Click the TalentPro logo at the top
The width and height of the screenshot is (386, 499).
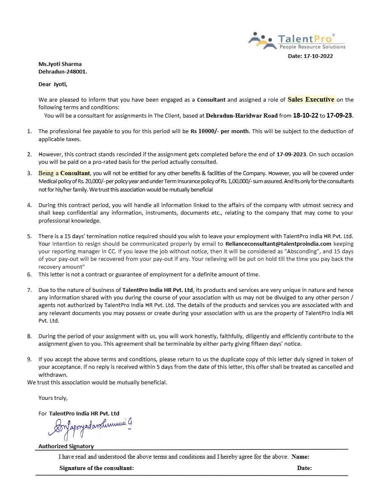point(297,41)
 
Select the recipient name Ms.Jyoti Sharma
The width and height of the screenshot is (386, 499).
point(60,64)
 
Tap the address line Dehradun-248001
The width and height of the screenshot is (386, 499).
point(63,71)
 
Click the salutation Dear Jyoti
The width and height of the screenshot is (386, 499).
point(53,84)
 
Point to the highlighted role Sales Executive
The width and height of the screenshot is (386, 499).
point(311,100)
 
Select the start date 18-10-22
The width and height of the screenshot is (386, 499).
point(306,115)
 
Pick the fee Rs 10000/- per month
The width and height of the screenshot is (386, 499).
point(219,131)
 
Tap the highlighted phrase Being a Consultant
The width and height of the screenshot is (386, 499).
point(64,173)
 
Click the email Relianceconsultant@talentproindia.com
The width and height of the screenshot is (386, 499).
point(278,244)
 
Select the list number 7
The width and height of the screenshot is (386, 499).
point(29,290)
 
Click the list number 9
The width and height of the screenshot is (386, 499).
point(29,359)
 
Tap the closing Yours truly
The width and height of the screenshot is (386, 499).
point(53,397)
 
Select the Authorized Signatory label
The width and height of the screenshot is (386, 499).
point(66,446)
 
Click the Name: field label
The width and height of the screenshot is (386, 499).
point(300,457)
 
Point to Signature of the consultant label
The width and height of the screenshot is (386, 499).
point(97,468)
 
